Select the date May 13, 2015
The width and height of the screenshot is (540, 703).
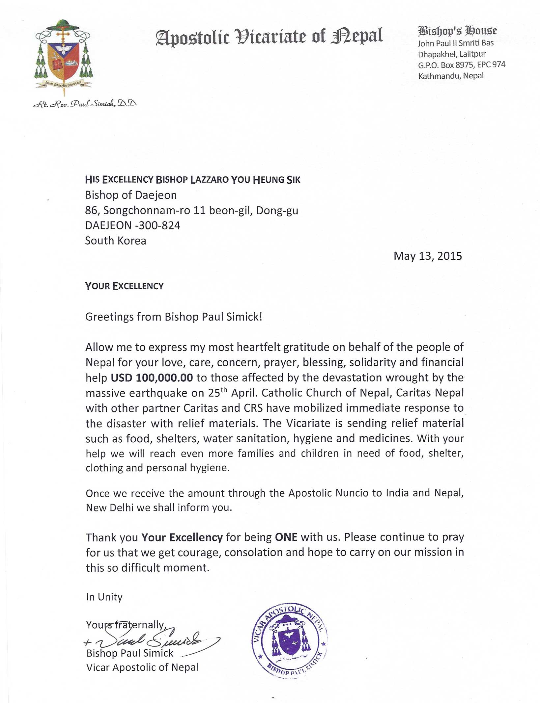click(427, 256)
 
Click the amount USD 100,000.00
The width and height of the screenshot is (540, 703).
click(152, 378)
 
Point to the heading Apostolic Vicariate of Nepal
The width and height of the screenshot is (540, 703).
click(269, 36)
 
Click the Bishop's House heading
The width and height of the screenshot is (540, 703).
click(457, 31)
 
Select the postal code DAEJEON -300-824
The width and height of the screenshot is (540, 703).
click(132, 225)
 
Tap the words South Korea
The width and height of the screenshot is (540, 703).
click(115, 241)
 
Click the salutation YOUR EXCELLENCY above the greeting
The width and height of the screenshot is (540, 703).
click(124, 286)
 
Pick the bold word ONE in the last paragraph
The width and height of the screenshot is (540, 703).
click(286, 537)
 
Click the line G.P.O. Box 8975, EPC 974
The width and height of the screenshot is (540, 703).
click(461, 65)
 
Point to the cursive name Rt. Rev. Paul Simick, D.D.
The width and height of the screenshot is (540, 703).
click(85, 104)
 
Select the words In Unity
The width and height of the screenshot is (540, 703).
click(104, 597)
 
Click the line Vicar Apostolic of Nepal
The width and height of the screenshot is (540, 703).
click(142, 667)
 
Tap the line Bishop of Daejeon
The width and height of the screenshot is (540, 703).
click(131, 195)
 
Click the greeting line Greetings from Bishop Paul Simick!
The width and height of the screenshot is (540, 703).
click(174, 317)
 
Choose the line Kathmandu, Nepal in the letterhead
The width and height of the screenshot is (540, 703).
click(451, 76)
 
